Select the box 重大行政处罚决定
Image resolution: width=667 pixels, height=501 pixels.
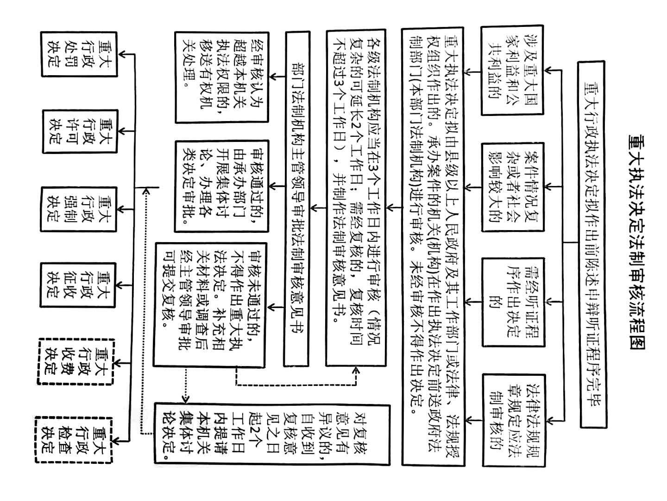coord(79,54)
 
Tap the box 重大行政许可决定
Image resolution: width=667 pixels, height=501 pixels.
coord(80,131)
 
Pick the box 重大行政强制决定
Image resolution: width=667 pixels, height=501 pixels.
coord(79,209)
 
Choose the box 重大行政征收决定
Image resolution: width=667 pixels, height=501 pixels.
coord(78,285)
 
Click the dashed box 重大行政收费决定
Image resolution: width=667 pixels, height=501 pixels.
coord(76,361)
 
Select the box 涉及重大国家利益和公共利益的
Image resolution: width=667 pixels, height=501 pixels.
coord(512,70)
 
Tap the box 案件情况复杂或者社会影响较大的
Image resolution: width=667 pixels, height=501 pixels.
coord(513,187)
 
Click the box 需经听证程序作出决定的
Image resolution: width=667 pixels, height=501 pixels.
coord(513,302)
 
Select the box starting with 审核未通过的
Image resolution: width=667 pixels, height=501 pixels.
coord(210,305)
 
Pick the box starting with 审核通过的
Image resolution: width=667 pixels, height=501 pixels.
coord(222,186)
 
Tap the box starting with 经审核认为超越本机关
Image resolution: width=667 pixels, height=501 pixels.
coord(222,77)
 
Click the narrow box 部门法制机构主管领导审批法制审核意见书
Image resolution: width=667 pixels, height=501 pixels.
coord(297,199)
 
